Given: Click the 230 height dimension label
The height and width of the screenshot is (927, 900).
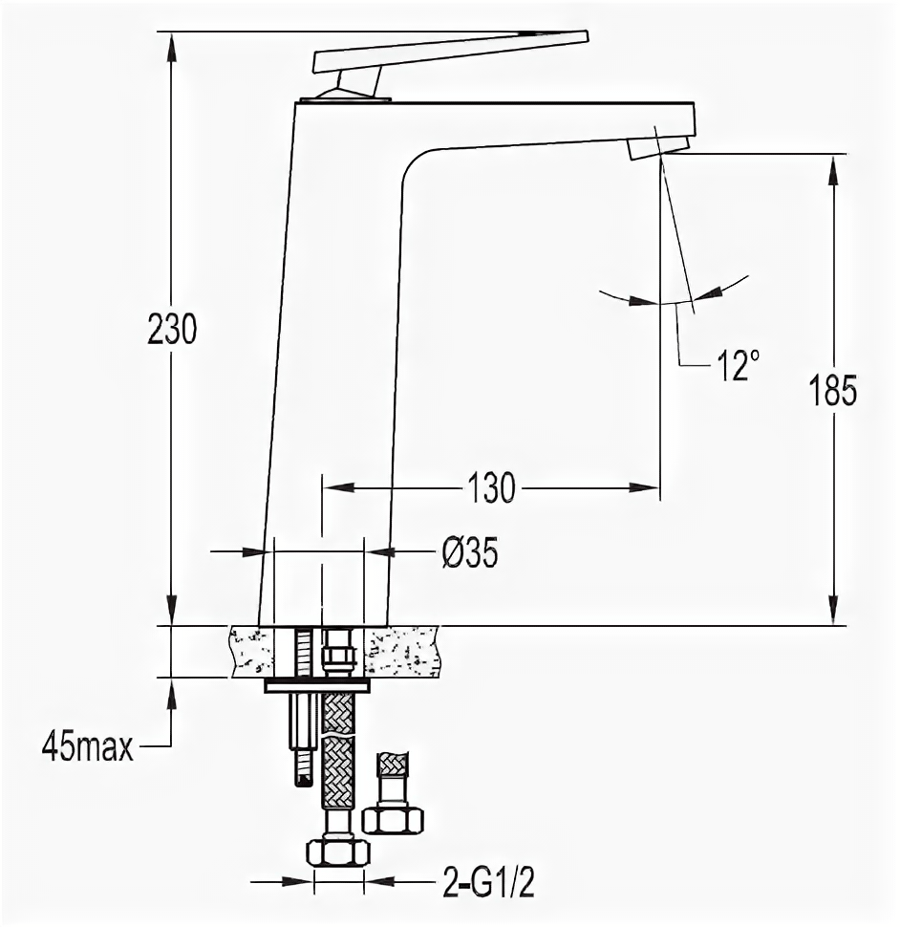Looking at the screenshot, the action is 171,329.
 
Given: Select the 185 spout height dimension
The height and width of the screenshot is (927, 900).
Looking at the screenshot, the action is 833,390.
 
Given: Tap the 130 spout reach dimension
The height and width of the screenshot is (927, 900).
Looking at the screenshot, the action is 491,488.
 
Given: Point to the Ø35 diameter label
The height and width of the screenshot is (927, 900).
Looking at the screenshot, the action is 470,552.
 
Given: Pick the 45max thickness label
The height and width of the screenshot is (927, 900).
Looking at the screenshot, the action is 88,749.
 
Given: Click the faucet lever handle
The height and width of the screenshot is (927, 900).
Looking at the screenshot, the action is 451,51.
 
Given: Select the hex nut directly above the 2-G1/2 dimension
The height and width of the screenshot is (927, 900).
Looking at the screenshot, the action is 338,852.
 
